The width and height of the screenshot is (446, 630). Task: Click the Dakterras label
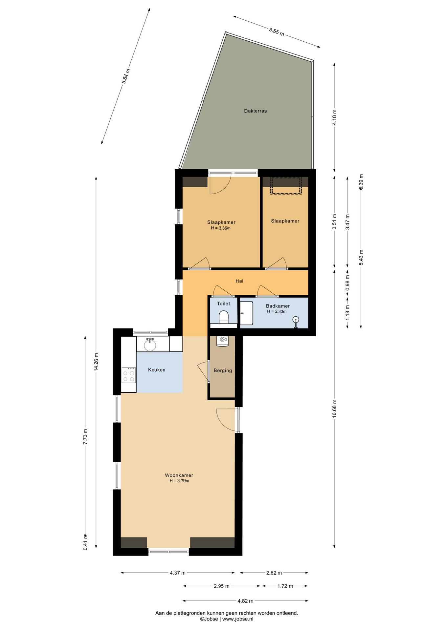[x=255, y=111]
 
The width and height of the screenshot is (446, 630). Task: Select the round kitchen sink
[x=150, y=345]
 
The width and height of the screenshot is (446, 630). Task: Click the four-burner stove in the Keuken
[x=128, y=375]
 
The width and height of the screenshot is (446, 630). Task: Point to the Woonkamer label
[x=179, y=475]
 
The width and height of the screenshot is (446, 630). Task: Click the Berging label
[x=223, y=370]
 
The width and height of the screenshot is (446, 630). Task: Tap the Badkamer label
[x=278, y=306]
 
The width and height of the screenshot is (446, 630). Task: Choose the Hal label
[x=239, y=281]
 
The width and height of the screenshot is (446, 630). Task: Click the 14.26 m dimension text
[x=96, y=362]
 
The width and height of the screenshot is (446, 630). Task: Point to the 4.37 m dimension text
[x=178, y=573]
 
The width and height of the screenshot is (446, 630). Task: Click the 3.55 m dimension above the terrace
[x=277, y=32]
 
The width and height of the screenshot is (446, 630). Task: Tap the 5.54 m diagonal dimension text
[x=126, y=76]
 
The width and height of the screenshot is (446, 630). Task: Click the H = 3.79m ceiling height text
[x=179, y=481]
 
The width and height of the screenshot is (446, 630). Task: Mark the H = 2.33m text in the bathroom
[x=277, y=311]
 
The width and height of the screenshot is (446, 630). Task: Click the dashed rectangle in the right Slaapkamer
[x=286, y=185]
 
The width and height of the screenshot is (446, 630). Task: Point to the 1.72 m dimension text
[x=285, y=586]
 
